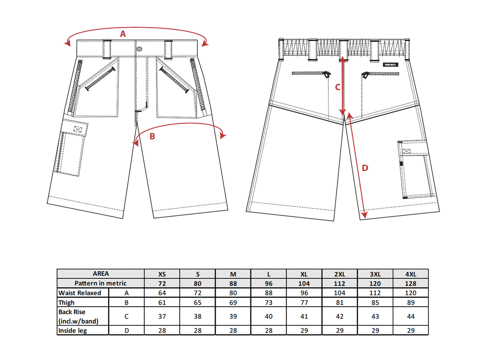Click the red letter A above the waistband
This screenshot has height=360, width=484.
point(123,34)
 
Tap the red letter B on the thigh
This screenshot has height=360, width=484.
point(152,137)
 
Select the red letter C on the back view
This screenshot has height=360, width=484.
point(337,87)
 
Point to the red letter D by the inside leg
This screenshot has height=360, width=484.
point(365,168)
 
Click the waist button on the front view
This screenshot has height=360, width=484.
point(139,49)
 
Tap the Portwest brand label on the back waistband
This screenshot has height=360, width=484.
point(390,65)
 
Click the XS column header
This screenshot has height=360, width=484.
point(162,274)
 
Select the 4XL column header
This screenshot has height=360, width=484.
point(411,274)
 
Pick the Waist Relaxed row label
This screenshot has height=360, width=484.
point(79,293)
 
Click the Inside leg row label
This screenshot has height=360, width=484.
point(72,331)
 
